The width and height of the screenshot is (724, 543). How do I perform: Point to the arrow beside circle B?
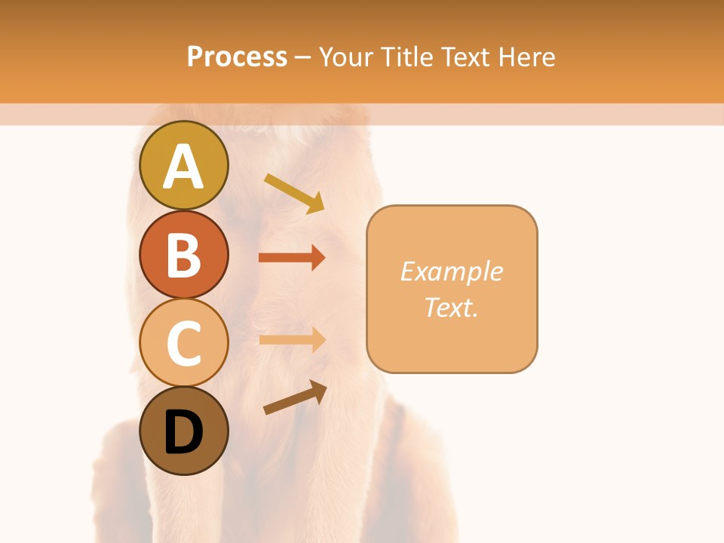coord(292,258)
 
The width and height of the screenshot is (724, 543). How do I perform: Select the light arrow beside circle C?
coord(292,340)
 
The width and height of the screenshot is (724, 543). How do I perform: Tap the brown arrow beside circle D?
coord(295,397)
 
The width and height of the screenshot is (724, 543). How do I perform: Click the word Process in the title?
coord(237,57)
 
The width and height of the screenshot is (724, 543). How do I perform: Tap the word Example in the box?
coord(451,271)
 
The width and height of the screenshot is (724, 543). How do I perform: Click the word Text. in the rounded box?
coord(451,307)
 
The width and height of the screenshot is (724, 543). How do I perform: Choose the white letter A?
coord(183,167)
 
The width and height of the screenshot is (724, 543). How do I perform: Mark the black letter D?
coord(183,432)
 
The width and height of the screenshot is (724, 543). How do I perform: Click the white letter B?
coord(183,255)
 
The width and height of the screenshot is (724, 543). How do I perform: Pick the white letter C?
coord(183,343)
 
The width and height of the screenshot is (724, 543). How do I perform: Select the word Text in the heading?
coord(465,57)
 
